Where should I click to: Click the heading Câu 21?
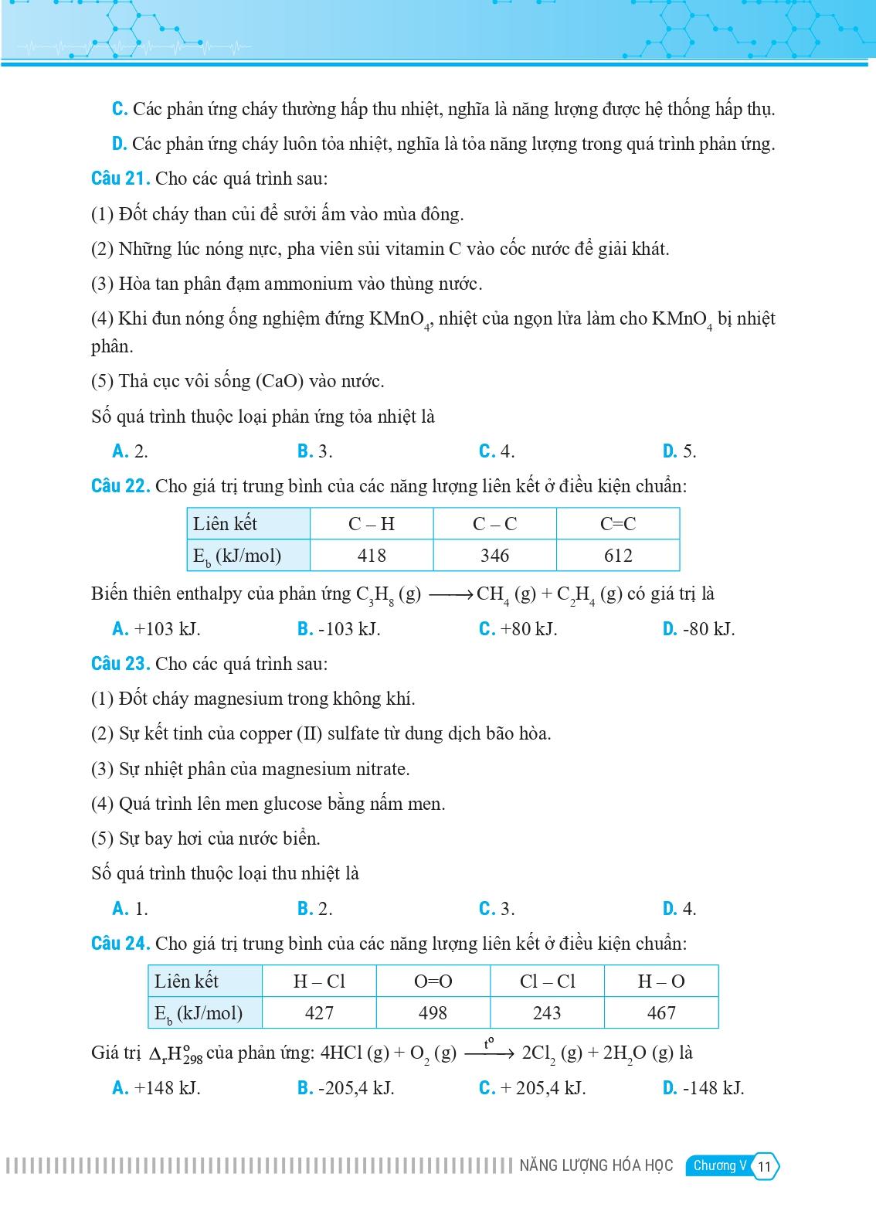coord(120,179)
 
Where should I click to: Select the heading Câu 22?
coord(120,486)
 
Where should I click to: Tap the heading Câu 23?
coord(120,664)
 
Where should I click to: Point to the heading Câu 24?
coord(120,944)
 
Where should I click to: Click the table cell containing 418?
coord(372,556)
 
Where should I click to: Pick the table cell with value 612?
coord(618,556)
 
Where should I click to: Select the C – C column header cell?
coord(494,524)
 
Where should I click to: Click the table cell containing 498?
coord(433,1013)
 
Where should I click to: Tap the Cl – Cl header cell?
coord(547,981)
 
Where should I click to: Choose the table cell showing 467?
coord(661,1013)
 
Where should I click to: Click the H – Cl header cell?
coord(319,981)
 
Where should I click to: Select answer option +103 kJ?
coord(157,629)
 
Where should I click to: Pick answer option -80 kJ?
coord(700,629)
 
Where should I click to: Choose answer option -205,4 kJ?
coord(347,1088)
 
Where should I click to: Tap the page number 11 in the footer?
coord(765,1166)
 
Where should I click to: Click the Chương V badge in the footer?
coord(719,1165)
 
